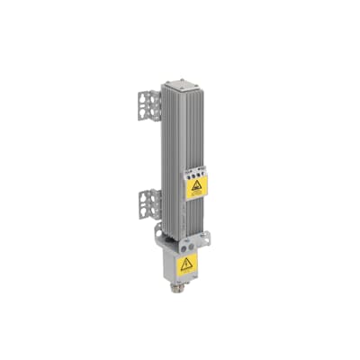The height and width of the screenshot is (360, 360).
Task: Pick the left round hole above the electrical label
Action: point(179,243)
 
